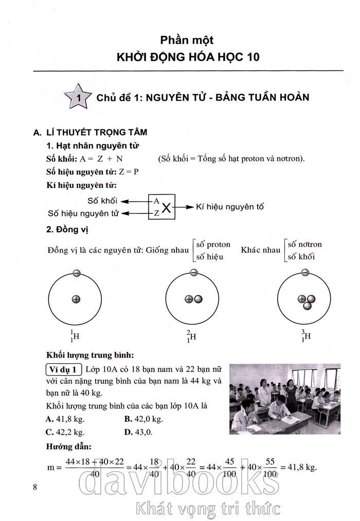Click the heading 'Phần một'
pos(187,40)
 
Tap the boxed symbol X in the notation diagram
pos(166,208)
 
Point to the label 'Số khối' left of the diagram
pos(102,200)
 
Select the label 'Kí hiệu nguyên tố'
pos(230,207)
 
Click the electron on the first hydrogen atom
pos(76,273)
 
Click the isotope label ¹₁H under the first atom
pos(75,337)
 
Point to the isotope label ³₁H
pos(305,337)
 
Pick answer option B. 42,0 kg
pos(143,419)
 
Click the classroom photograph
pos(284,399)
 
